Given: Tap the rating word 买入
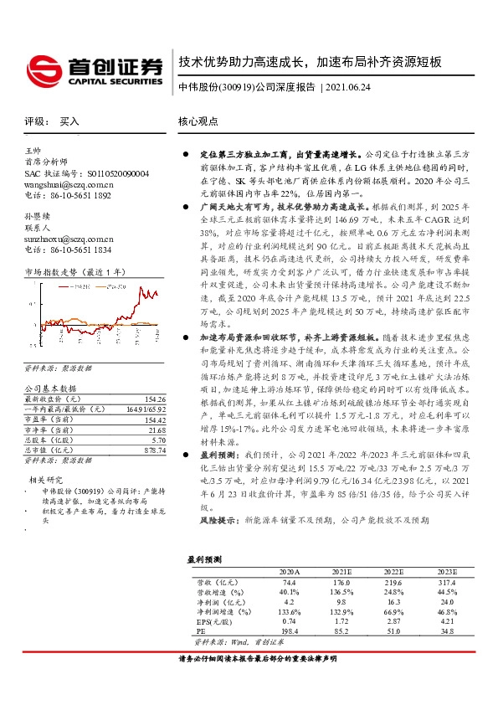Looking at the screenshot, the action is pyautogui.click(x=69, y=121).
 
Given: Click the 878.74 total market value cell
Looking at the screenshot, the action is pyautogui.click(x=155, y=450).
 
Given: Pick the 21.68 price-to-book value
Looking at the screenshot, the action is pyautogui.click(x=157, y=430).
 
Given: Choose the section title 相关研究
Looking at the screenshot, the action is pyautogui.click(x=43, y=480).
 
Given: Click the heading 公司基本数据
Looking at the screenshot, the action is pyautogui.click(x=49, y=389).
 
